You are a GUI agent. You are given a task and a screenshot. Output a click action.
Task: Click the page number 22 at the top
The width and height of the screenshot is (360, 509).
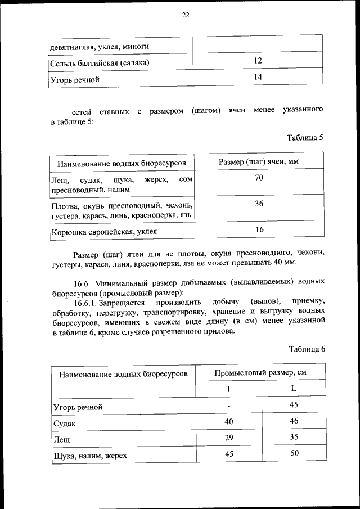tap(185, 15)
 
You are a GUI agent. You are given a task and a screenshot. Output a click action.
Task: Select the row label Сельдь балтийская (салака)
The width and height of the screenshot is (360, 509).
tap(101, 63)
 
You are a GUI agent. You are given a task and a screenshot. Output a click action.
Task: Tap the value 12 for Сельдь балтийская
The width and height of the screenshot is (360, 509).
tap(258, 60)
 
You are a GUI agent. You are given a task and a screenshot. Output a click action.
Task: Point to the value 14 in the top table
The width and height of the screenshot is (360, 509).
tap(258, 76)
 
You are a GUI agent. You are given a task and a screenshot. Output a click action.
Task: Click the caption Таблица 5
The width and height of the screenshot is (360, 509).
tap(305, 138)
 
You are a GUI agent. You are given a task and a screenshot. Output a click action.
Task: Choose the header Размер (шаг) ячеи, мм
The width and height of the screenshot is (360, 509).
tap(258, 162)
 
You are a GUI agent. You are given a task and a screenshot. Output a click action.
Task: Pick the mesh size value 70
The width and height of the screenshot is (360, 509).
tap(259, 178)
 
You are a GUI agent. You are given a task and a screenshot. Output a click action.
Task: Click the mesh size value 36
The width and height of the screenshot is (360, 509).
tap(259, 204)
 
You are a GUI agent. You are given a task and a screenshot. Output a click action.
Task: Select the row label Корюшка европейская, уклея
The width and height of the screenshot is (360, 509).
tap(104, 231)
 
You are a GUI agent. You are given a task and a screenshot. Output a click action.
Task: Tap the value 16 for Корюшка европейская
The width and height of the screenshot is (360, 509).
tap(259, 229)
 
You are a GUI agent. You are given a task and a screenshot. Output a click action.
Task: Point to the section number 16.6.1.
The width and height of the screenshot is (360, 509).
tap(86, 303)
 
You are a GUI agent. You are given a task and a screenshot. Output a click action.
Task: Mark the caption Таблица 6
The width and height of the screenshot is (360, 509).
tap(307, 349)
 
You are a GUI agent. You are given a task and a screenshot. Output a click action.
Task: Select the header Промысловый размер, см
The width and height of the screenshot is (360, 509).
tap(260, 373)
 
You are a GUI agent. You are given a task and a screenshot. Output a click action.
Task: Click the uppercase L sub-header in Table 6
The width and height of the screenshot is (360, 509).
tap(293, 389)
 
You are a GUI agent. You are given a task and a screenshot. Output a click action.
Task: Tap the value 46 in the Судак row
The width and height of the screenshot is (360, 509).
tap(293, 421)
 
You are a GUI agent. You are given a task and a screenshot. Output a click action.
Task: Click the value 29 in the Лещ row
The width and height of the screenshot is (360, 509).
tap(228, 437)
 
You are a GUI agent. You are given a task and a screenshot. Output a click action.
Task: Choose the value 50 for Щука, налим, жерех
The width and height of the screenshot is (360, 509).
tap(293, 453)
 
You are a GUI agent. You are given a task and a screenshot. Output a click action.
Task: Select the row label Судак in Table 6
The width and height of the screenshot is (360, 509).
tap(64, 422)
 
